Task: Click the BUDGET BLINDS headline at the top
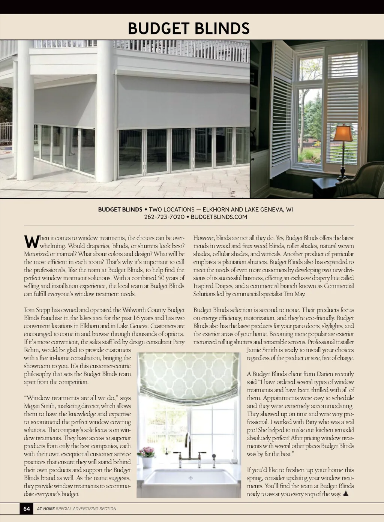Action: click(189, 28)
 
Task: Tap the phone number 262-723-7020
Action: click(164, 217)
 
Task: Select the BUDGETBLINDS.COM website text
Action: click(219, 217)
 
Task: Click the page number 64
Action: click(27, 508)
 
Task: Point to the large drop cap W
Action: click(31, 242)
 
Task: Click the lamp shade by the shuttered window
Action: click(343, 133)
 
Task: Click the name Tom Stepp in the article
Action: click(36, 310)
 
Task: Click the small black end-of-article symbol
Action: click(345, 493)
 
